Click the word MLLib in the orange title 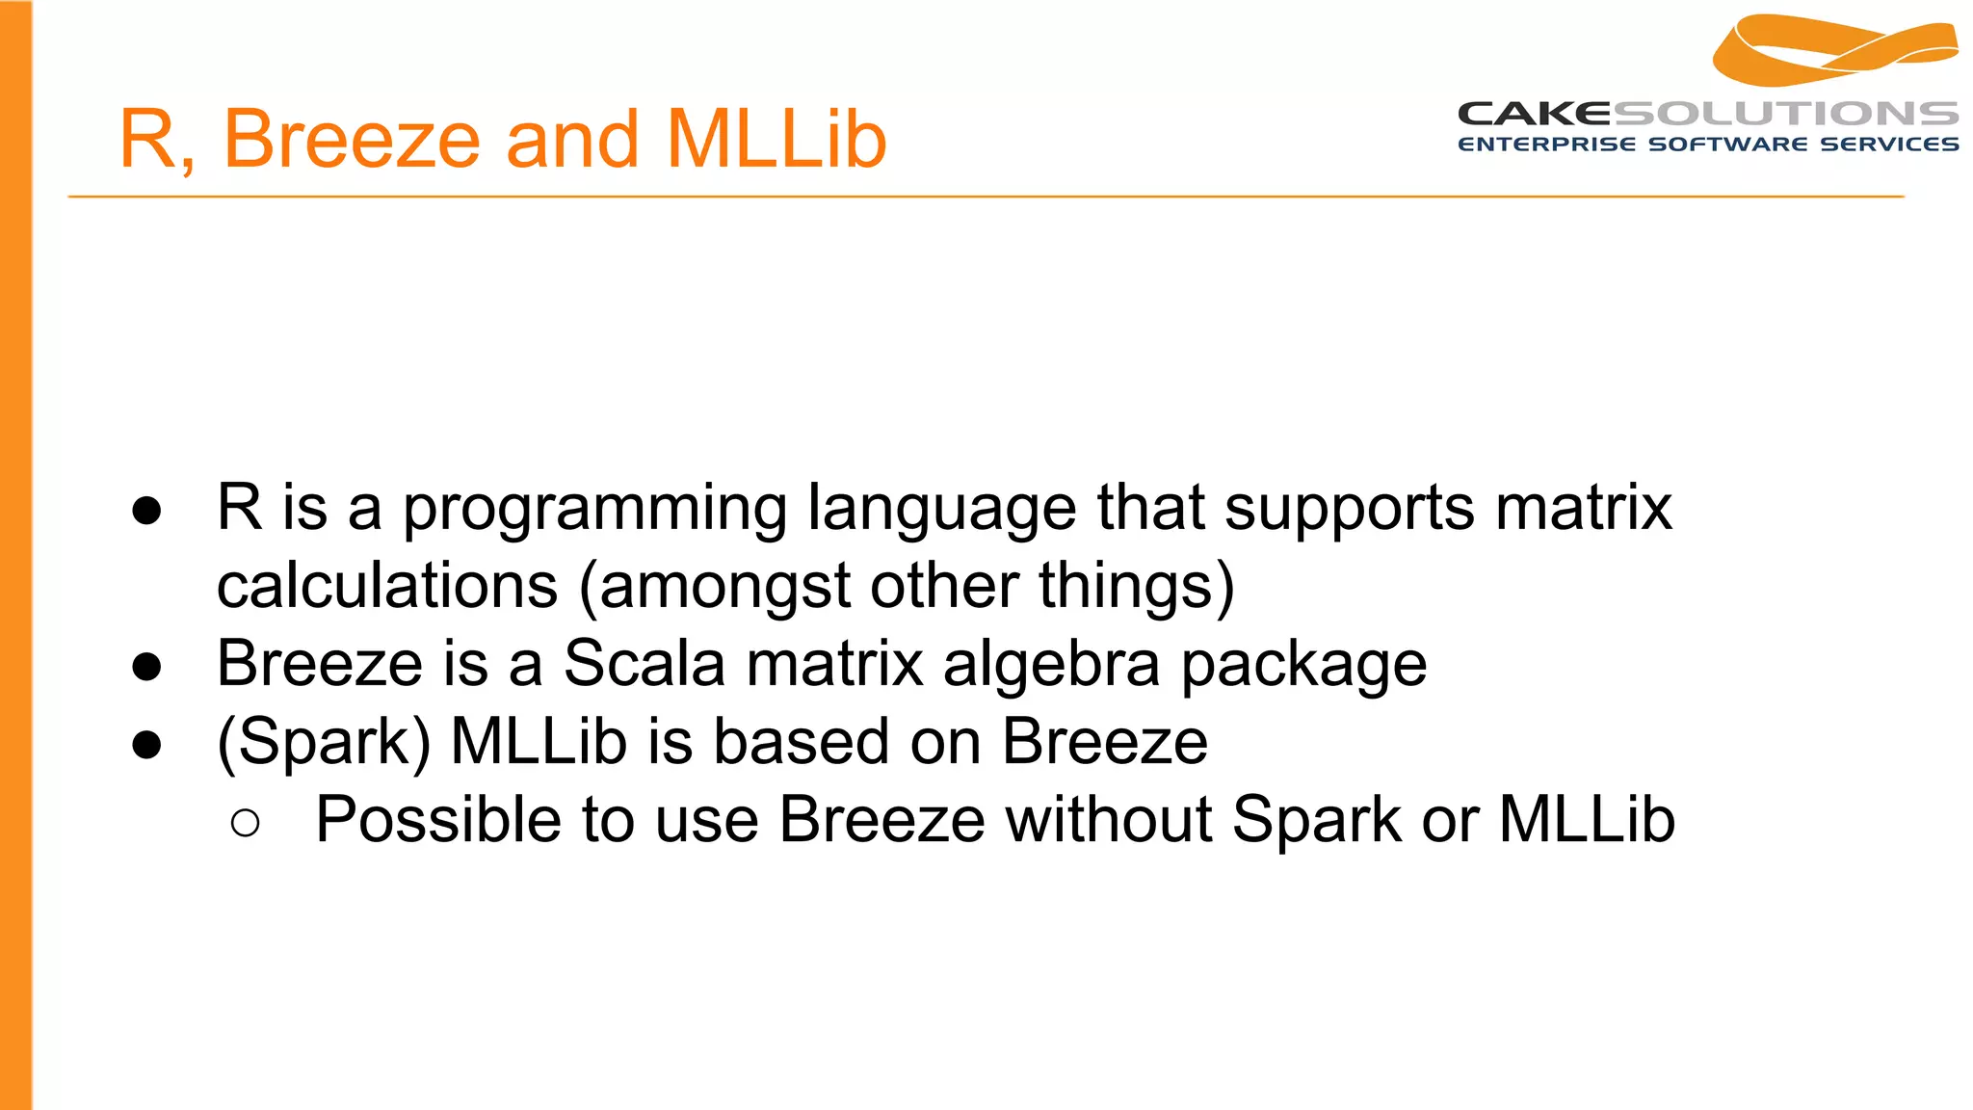(776, 140)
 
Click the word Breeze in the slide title (352, 140)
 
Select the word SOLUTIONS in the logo (1785, 114)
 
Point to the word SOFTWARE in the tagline (1728, 145)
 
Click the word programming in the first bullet (594, 509)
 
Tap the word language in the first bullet (941, 509)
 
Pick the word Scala (644, 664)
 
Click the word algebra (1051, 664)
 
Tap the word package (1303, 666)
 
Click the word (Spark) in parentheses (324, 742)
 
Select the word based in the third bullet (801, 742)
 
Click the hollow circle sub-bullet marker (246, 822)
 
